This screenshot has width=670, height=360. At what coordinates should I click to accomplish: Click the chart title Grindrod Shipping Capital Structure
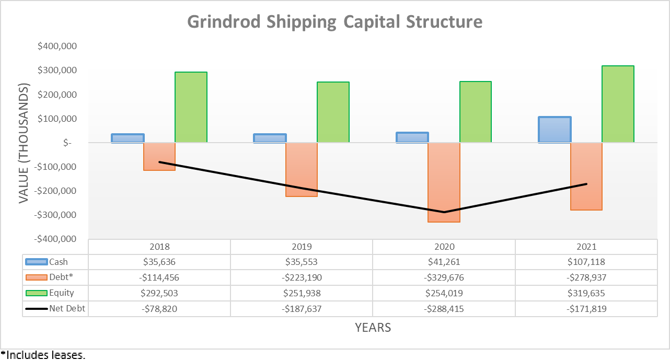click(334, 22)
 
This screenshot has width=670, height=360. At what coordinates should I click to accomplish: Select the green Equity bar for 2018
click(191, 107)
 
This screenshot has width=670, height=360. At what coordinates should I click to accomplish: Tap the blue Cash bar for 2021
click(555, 130)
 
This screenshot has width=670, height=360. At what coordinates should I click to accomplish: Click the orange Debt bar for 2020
click(444, 182)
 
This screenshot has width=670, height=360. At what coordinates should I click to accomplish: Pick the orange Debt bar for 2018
click(159, 156)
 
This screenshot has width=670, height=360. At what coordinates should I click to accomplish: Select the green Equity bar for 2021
click(618, 104)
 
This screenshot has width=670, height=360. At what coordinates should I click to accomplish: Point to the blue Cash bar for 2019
click(270, 138)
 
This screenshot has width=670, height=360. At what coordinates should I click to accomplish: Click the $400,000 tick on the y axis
click(57, 47)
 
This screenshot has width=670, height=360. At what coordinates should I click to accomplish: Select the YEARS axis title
click(373, 328)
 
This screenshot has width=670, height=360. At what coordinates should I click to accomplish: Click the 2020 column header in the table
click(444, 247)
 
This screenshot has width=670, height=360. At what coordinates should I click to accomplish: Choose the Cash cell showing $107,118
click(586, 262)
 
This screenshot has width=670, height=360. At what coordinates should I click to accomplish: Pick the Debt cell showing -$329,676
click(444, 277)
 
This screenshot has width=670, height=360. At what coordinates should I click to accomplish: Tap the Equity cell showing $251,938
click(302, 293)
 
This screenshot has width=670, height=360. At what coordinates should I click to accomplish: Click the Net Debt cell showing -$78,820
click(159, 309)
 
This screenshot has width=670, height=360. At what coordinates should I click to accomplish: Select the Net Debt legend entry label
click(67, 308)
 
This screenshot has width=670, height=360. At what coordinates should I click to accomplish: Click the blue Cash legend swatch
click(37, 262)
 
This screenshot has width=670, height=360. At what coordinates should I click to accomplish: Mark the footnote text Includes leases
click(44, 355)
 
